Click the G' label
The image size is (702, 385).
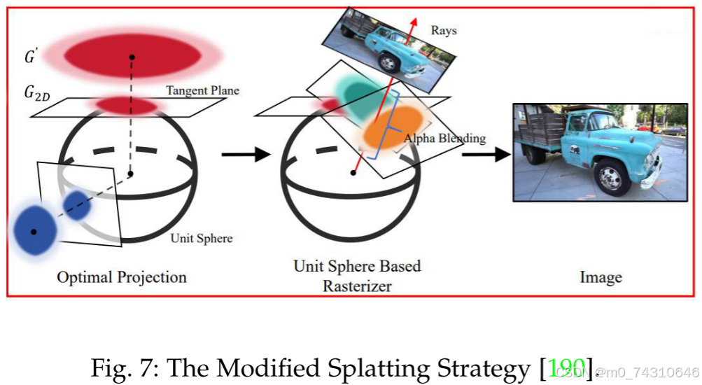31,57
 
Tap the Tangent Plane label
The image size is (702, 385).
202,90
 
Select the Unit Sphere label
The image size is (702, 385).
202,238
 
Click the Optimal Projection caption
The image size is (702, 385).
122,277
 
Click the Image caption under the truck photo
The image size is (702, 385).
601,278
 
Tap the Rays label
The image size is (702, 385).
444,31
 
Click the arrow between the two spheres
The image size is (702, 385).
246,153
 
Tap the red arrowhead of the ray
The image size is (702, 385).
414,20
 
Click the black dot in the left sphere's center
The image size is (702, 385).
130,173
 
